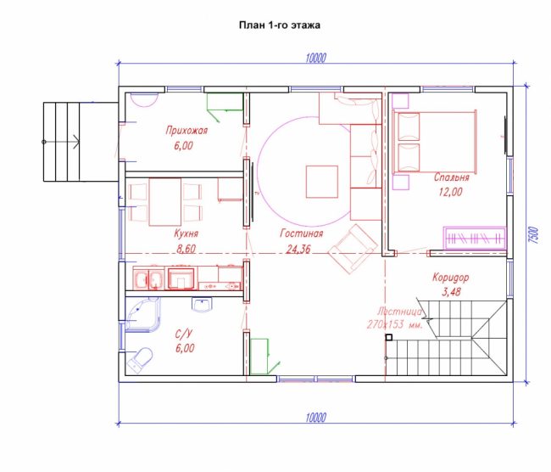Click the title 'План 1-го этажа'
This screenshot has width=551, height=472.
tap(280, 25)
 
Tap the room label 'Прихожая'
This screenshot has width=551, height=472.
tap(186, 131)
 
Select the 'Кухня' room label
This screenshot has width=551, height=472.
tap(186, 233)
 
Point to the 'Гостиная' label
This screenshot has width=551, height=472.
tap(302, 233)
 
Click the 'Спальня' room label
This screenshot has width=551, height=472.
tap(452, 177)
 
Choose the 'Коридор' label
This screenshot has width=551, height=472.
tap(450, 278)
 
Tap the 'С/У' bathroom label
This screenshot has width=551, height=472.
tap(185, 334)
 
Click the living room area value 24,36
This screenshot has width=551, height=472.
tap(298, 250)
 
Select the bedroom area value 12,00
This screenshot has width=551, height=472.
tap(450, 192)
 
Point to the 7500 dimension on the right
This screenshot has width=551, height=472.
tap(534, 235)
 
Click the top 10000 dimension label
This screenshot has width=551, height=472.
tap(316, 58)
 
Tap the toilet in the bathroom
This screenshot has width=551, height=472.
tap(140, 361)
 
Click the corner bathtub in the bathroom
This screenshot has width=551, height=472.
tap(142, 314)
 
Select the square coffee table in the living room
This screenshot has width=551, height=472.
tap(322, 182)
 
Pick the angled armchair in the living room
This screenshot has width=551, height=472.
tap(352, 249)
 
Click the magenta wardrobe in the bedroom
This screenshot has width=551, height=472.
tap(475, 238)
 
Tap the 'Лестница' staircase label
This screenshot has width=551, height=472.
tap(400, 312)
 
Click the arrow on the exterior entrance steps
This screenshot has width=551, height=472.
tap(61, 142)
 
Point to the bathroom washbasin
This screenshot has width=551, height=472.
tap(203, 305)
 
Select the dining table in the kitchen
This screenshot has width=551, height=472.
tap(165, 202)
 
